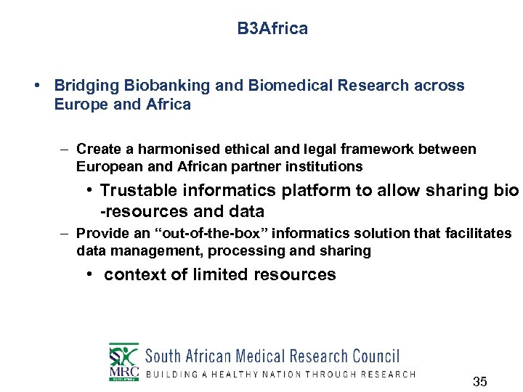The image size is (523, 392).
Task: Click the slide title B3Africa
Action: click(272, 29)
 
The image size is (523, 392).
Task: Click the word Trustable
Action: click(137, 191)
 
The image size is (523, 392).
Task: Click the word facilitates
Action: click(477, 234)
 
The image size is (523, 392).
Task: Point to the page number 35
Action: click(479, 382)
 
